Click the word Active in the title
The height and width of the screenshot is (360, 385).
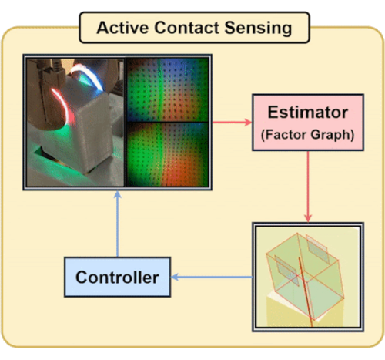(x=123, y=28)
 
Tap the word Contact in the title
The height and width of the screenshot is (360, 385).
(x=187, y=28)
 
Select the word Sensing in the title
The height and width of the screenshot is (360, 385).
(x=258, y=29)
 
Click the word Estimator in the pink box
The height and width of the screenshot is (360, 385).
(x=308, y=113)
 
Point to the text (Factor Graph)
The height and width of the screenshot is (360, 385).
(x=307, y=135)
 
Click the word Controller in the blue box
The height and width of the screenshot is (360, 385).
(x=117, y=278)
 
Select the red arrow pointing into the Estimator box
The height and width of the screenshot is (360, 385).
(x=233, y=123)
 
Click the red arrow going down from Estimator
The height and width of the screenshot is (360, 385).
(x=308, y=187)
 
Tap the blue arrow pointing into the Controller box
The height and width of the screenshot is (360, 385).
(x=212, y=277)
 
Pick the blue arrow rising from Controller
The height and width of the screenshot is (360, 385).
(x=118, y=224)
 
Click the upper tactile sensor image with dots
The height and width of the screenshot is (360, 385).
(x=168, y=89)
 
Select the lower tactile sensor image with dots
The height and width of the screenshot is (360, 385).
(x=168, y=154)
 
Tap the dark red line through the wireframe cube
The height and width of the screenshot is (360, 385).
(x=306, y=291)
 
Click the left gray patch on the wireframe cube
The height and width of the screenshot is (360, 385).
(x=286, y=270)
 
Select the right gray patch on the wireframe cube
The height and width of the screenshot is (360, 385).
(x=317, y=249)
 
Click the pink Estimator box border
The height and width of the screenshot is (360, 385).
(x=308, y=95)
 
